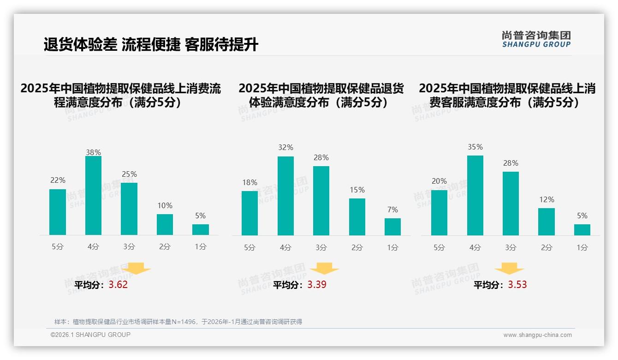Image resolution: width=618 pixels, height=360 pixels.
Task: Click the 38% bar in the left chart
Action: [x=93, y=196]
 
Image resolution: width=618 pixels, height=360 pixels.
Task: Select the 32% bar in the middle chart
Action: [x=285, y=196]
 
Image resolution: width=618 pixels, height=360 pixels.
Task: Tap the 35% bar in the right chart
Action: [x=475, y=196]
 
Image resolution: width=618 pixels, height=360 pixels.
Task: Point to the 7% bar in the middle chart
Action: [x=392, y=227]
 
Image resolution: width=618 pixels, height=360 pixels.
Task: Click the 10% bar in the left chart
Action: [x=165, y=225]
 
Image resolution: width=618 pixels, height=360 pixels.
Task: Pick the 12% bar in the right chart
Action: [x=547, y=222]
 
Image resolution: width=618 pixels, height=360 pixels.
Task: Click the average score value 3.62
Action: [x=118, y=284]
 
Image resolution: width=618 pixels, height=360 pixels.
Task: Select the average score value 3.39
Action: [x=317, y=284]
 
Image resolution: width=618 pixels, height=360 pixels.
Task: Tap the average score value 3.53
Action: [x=517, y=284]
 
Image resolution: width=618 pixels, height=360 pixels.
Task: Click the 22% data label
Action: [x=58, y=180]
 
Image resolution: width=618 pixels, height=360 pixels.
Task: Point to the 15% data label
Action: [x=357, y=190]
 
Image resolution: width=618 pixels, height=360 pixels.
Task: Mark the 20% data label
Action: [x=439, y=181]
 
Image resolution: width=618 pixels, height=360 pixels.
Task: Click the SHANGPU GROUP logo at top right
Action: [x=536, y=39]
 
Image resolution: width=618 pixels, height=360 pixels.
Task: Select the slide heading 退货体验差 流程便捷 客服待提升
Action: [x=151, y=45]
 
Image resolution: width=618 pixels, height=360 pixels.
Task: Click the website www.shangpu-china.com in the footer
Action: [x=537, y=335]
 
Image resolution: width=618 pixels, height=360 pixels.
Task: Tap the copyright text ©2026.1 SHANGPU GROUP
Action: [x=90, y=335]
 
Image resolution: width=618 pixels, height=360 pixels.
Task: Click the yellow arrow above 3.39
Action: [x=324, y=269]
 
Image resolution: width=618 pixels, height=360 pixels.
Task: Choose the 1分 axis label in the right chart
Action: [x=582, y=247]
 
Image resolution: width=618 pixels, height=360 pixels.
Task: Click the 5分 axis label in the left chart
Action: [x=58, y=246]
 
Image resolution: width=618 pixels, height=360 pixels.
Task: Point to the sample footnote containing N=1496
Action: [x=178, y=322]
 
